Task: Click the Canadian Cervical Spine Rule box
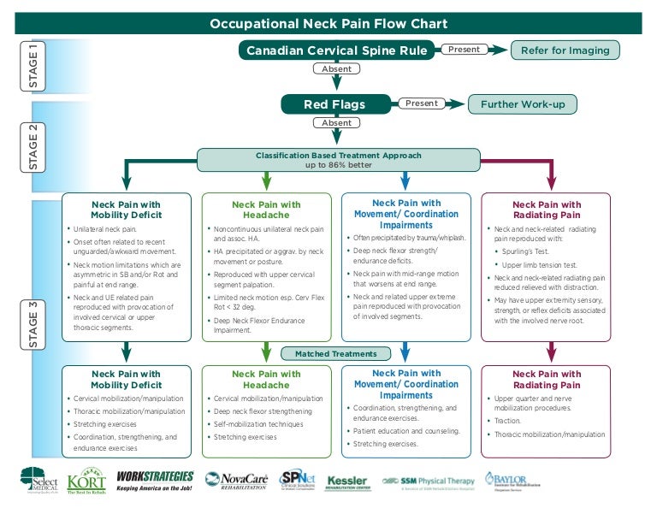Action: pos(336,50)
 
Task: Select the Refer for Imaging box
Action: pos(565,50)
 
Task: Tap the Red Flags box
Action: pos(335,104)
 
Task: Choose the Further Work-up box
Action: pos(522,104)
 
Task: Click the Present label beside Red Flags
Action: pos(422,103)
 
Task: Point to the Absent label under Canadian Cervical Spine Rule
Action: pos(336,69)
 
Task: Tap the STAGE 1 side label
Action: pos(33,66)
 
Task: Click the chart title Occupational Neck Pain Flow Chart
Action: pos(328,24)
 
